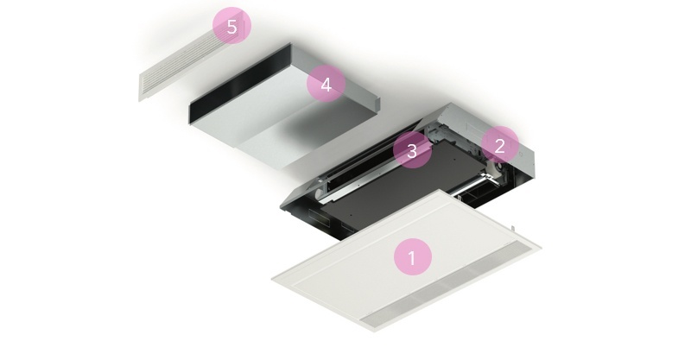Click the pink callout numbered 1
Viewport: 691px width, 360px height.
(413, 257)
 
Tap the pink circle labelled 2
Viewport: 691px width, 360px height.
(499, 145)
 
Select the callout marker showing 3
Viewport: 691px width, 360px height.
(412, 150)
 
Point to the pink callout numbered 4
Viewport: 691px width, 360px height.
(326, 84)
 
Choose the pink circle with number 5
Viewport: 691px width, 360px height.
(231, 27)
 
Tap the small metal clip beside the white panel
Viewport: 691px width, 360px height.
(513, 229)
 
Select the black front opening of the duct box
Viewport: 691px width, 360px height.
(240, 84)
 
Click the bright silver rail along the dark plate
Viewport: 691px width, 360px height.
(375, 181)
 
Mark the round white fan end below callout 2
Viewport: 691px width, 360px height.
(499, 167)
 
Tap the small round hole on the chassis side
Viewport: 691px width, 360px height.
(521, 155)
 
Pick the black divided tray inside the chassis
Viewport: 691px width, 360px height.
(476, 197)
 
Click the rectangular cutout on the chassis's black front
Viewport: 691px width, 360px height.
(316, 217)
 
